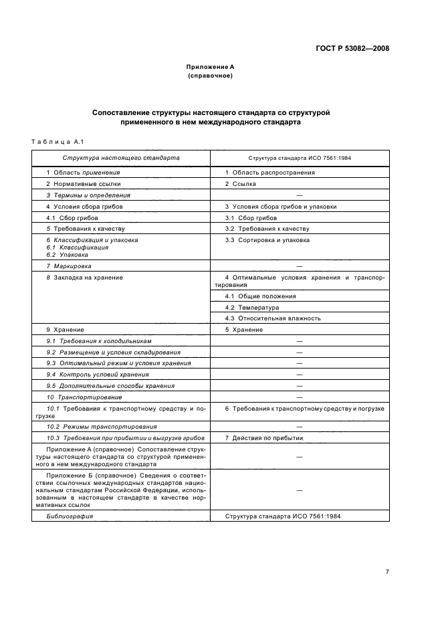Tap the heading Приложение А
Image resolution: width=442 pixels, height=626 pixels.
210,68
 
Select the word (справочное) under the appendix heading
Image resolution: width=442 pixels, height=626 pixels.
210,76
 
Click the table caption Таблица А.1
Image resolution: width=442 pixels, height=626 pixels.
56,141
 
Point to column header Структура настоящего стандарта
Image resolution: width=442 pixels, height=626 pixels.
121,159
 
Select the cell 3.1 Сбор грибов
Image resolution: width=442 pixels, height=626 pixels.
251,218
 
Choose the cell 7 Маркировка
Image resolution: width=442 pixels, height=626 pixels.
72,266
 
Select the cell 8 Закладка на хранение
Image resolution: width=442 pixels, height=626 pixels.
84,277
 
